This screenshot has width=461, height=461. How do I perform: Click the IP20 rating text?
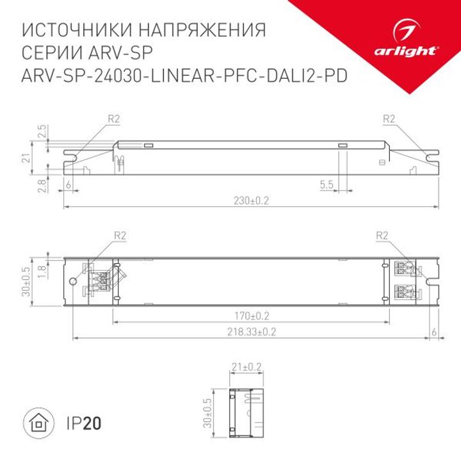(84, 423)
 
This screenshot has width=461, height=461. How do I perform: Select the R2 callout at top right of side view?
(388, 118)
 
